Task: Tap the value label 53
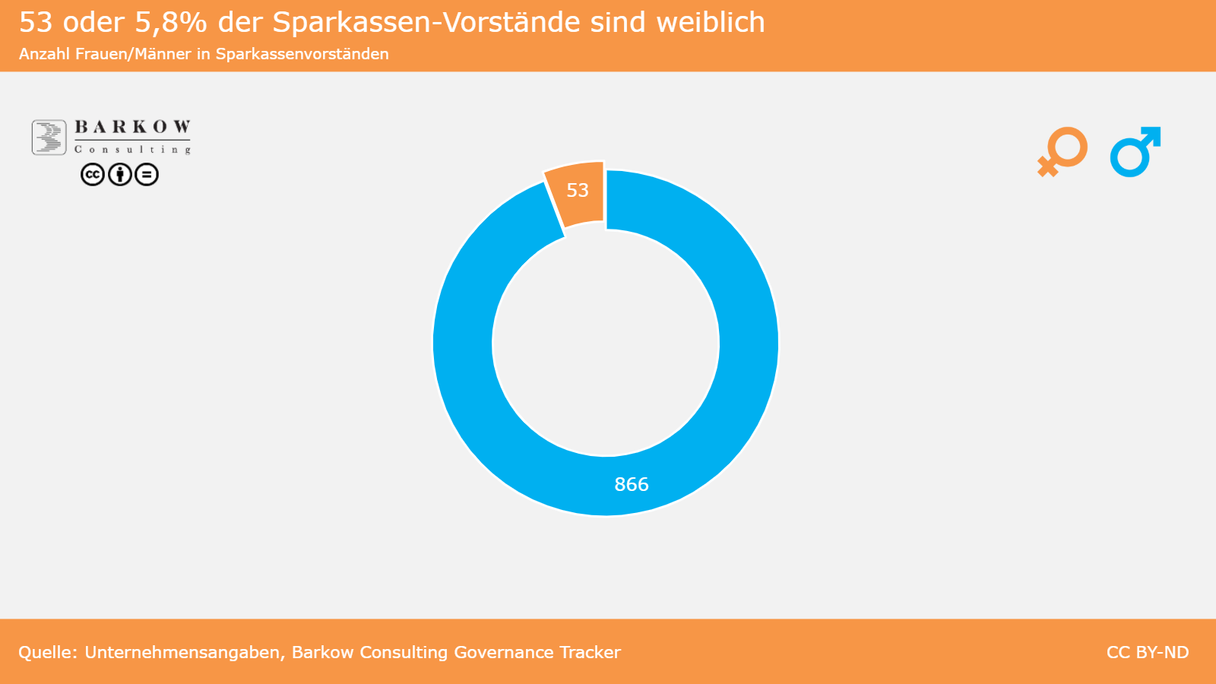click(578, 190)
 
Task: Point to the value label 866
click(632, 484)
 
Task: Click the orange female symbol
click(1062, 151)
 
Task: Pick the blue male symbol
click(1135, 151)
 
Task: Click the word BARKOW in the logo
click(132, 127)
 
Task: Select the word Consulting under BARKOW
click(132, 149)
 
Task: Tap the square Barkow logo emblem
click(49, 138)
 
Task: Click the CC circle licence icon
click(93, 175)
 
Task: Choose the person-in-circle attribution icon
click(119, 175)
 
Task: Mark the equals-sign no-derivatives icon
click(147, 175)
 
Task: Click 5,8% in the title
click(171, 23)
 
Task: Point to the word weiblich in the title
click(711, 23)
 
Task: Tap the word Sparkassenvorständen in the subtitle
click(302, 54)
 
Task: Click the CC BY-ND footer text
click(1148, 652)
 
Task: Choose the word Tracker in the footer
click(590, 652)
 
